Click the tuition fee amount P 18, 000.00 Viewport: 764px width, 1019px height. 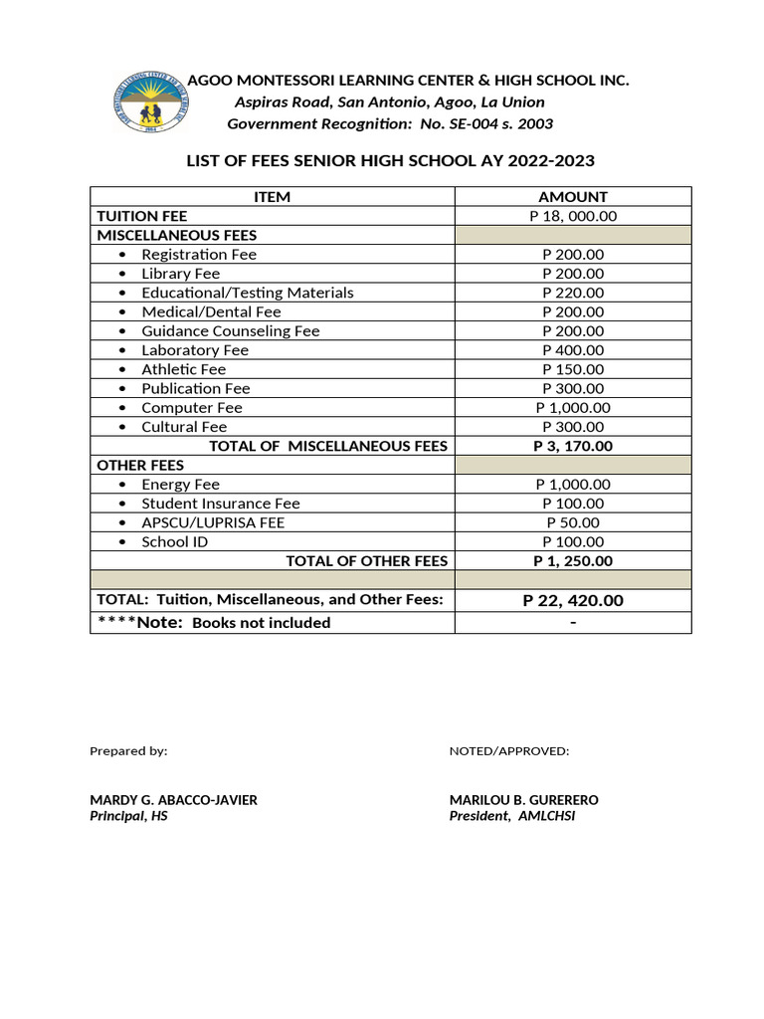pos(572,216)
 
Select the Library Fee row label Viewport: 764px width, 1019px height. pos(180,274)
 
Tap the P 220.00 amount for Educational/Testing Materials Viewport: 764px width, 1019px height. pos(572,293)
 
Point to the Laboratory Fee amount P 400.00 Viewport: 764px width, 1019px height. pos(572,350)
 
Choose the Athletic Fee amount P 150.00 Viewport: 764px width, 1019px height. pos(572,369)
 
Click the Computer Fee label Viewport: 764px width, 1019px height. pos(191,408)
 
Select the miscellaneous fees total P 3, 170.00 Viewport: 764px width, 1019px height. pos(572,446)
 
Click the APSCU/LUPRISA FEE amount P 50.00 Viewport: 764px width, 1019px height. pos(572,522)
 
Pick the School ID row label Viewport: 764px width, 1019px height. pos(175,542)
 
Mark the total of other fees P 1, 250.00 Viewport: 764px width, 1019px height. pos(572,561)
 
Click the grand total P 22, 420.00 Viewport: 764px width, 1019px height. pos(572,600)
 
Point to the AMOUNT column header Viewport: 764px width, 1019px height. pos(572,197)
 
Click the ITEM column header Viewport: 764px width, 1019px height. pos(273,197)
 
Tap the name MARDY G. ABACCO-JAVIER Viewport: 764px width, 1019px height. pos(173,800)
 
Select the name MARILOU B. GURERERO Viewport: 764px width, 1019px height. pos(524,800)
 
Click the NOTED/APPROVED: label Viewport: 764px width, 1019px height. pos(509,751)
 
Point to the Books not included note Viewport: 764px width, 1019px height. pos(261,623)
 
